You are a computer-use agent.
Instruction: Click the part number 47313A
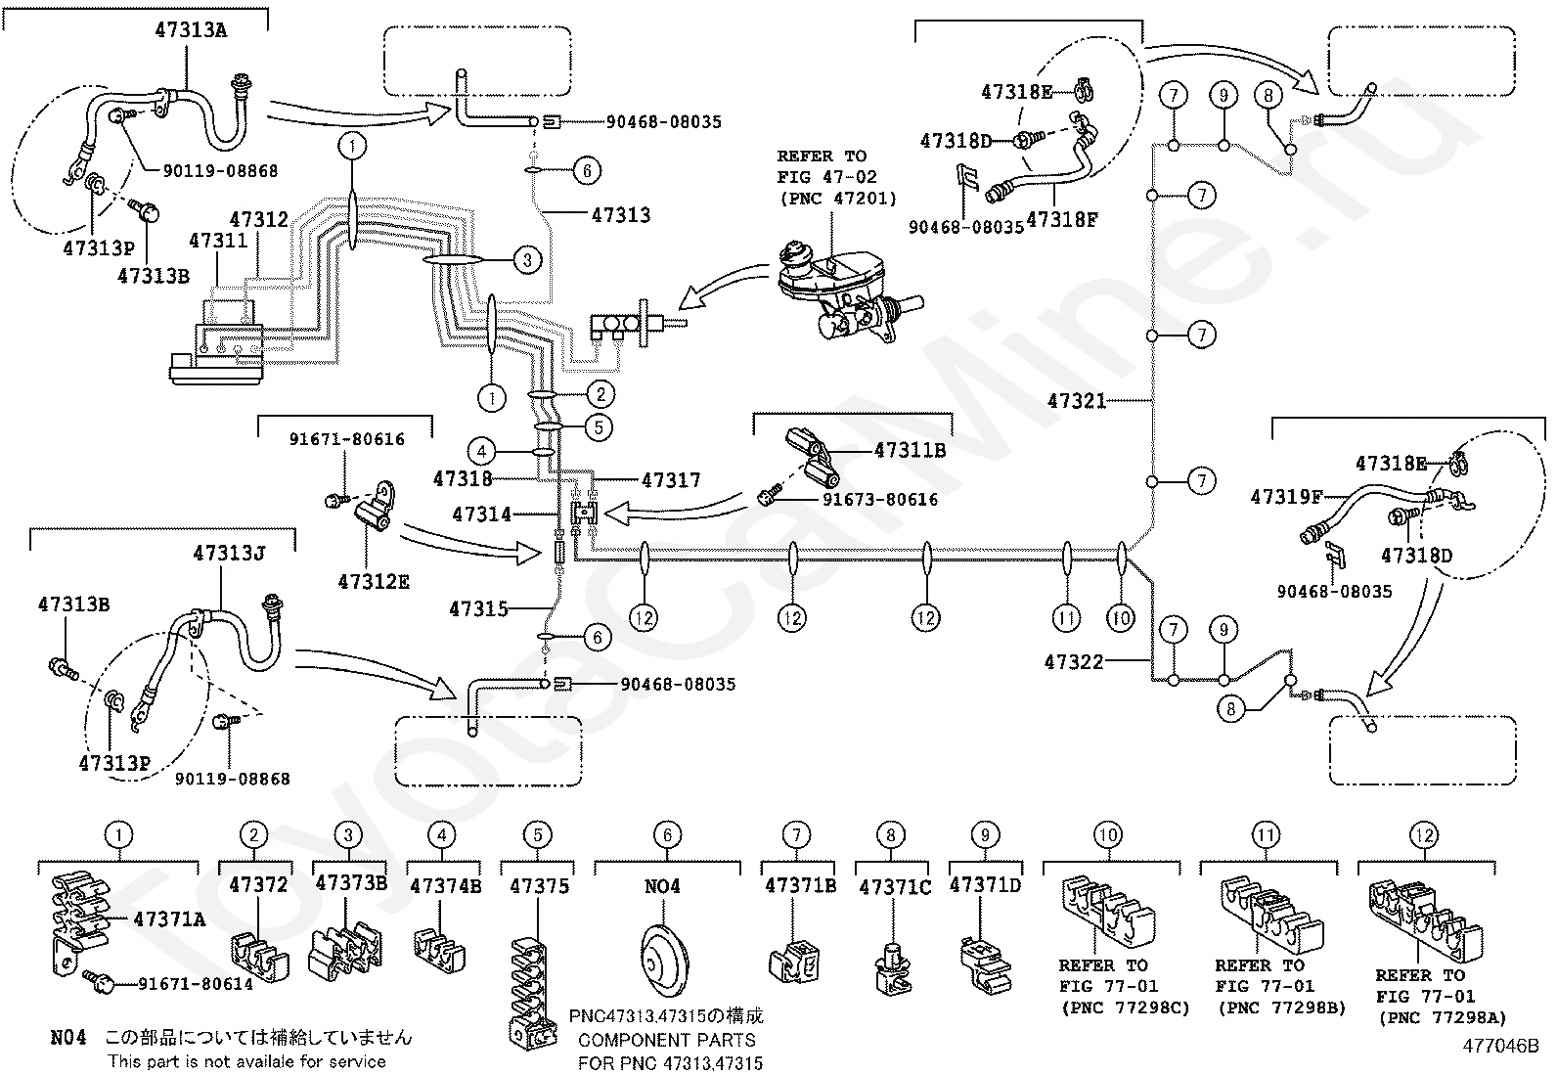(x=190, y=30)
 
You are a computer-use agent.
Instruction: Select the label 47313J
(x=230, y=554)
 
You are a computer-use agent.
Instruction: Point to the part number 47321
(x=1077, y=401)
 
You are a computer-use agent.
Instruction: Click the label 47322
(x=1074, y=662)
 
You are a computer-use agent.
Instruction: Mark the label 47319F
(x=1286, y=498)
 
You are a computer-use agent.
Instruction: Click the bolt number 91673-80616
(x=879, y=500)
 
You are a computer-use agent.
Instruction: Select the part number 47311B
(x=910, y=451)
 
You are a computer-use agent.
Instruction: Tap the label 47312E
(x=374, y=582)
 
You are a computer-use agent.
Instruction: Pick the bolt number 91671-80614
(x=196, y=984)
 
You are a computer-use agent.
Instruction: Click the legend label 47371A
(x=169, y=919)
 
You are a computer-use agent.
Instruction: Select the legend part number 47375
(x=539, y=886)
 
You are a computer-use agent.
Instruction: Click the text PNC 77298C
(x=1125, y=1008)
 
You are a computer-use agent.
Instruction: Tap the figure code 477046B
(x=1500, y=1045)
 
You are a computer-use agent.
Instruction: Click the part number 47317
(x=671, y=480)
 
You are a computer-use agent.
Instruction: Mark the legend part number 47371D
(x=985, y=885)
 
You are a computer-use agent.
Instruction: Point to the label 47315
(x=478, y=609)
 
